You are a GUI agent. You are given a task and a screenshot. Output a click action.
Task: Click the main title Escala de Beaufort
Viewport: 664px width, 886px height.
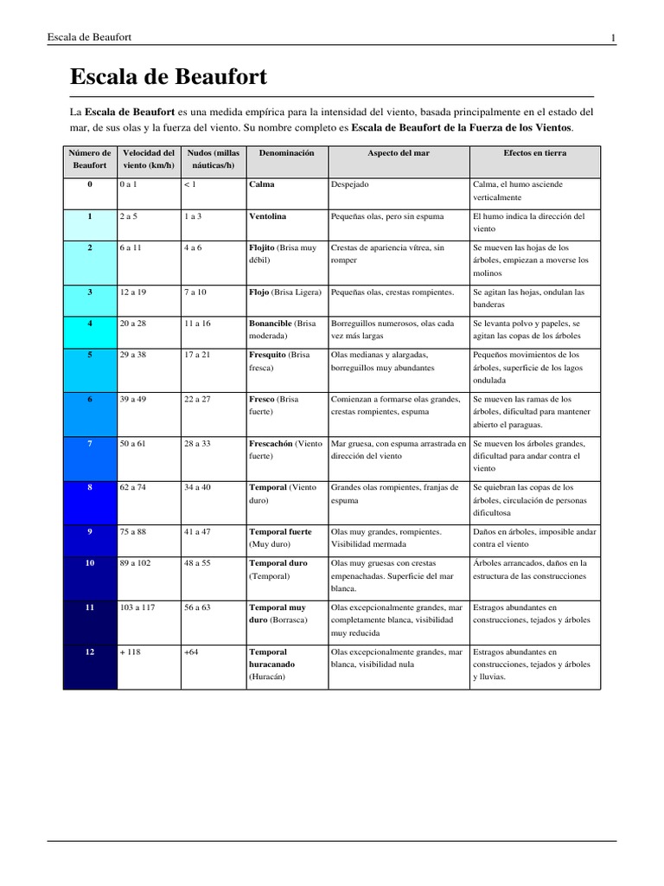pos(169,77)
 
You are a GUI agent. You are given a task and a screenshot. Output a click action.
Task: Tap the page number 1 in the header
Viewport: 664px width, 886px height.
pos(613,37)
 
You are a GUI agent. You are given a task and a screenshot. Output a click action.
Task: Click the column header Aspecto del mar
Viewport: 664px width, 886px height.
pos(399,152)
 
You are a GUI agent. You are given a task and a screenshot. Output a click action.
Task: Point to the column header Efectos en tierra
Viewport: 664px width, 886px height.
pos(535,152)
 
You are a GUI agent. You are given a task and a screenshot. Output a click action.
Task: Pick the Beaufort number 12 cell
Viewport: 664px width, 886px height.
pos(90,652)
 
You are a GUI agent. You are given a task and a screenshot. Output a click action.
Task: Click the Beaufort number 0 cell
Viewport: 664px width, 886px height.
pos(90,184)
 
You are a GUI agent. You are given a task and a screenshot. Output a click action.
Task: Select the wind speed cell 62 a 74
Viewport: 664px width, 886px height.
pos(133,487)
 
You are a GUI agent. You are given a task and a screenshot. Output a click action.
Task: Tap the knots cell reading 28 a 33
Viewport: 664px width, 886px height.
pos(197,443)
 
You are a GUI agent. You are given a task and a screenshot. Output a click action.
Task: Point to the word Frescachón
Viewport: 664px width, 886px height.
pos(271,443)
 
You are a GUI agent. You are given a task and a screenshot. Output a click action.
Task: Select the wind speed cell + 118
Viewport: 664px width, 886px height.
pos(131,652)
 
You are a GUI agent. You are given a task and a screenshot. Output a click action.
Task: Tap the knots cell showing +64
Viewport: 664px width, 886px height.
pos(191,652)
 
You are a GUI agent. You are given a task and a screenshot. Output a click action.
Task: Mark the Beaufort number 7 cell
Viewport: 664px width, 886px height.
pos(90,443)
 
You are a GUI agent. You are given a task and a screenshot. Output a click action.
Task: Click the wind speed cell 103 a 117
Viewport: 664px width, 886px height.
pos(137,607)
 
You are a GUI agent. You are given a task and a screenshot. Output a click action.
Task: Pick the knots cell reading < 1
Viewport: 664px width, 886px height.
pos(190,184)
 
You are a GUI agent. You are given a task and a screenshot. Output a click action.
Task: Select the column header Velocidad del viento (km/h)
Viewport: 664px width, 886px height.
pos(149,158)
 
